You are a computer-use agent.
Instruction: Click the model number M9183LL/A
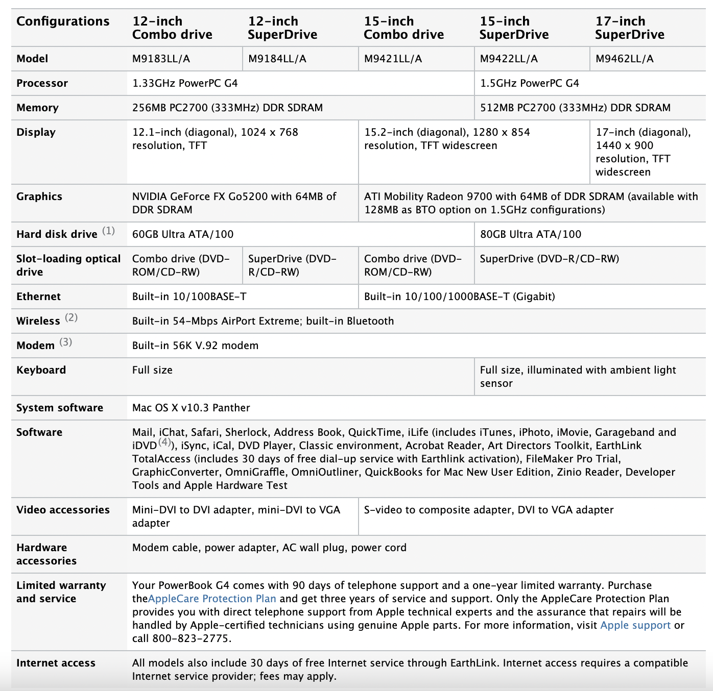pos(161,59)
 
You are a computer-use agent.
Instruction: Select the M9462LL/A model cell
pos(624,59)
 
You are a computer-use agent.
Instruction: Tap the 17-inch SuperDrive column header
pos(629,28)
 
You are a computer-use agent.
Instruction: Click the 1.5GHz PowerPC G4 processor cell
pos(529,83)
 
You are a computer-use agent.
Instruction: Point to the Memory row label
pos(37,108)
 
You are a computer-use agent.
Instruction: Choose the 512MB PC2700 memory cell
pos(575,108)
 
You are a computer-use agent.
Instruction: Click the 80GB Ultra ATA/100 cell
pos(530,234)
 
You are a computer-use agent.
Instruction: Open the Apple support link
pos(635,625)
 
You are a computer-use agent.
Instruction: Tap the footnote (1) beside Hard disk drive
pos(108,231)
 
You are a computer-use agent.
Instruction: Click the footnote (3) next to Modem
pos(65,342)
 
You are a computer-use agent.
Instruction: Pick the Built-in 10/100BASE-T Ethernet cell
pos(189,297)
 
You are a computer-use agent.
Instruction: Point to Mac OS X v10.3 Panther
pos(191,408)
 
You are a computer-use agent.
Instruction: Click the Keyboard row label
pos(41,370)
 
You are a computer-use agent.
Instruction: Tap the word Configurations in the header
pos(63,21)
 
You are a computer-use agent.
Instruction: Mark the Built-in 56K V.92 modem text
pos(195,345)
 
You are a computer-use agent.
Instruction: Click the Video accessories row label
pos(63,510)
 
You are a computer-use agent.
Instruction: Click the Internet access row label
pos(56,663)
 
